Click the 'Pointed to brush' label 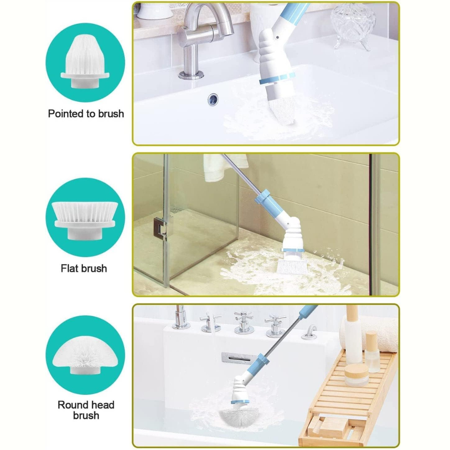click(86, 114)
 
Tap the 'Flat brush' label click(84, 268)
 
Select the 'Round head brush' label click(86, 410)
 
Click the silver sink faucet click(201, 40)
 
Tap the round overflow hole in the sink click(213, 99)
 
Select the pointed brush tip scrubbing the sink click(282, 110)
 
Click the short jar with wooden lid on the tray click(356, 375)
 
